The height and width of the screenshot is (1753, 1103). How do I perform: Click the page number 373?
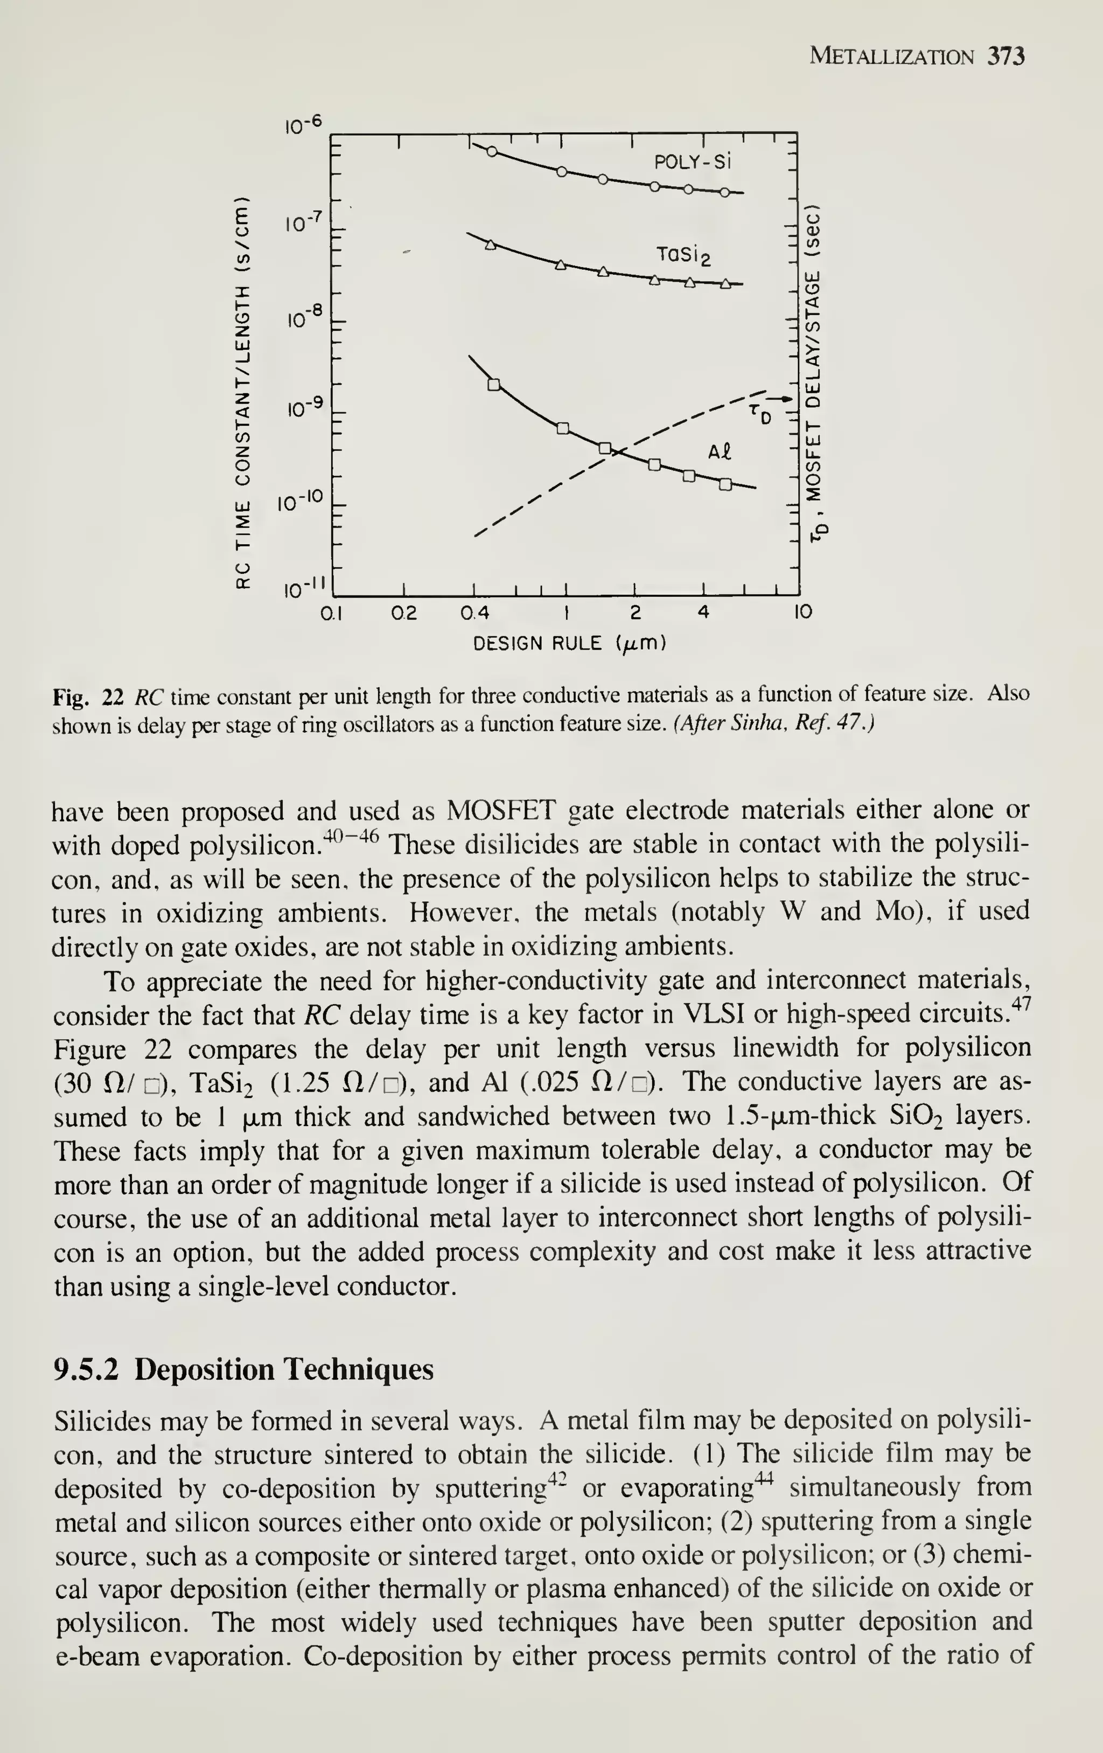pos(1006,56)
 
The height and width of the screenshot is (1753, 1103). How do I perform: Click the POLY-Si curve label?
pos(691,161)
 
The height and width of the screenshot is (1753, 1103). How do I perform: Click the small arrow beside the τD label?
pos(781,399)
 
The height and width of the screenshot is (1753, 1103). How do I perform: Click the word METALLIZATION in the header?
pos(891,57)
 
